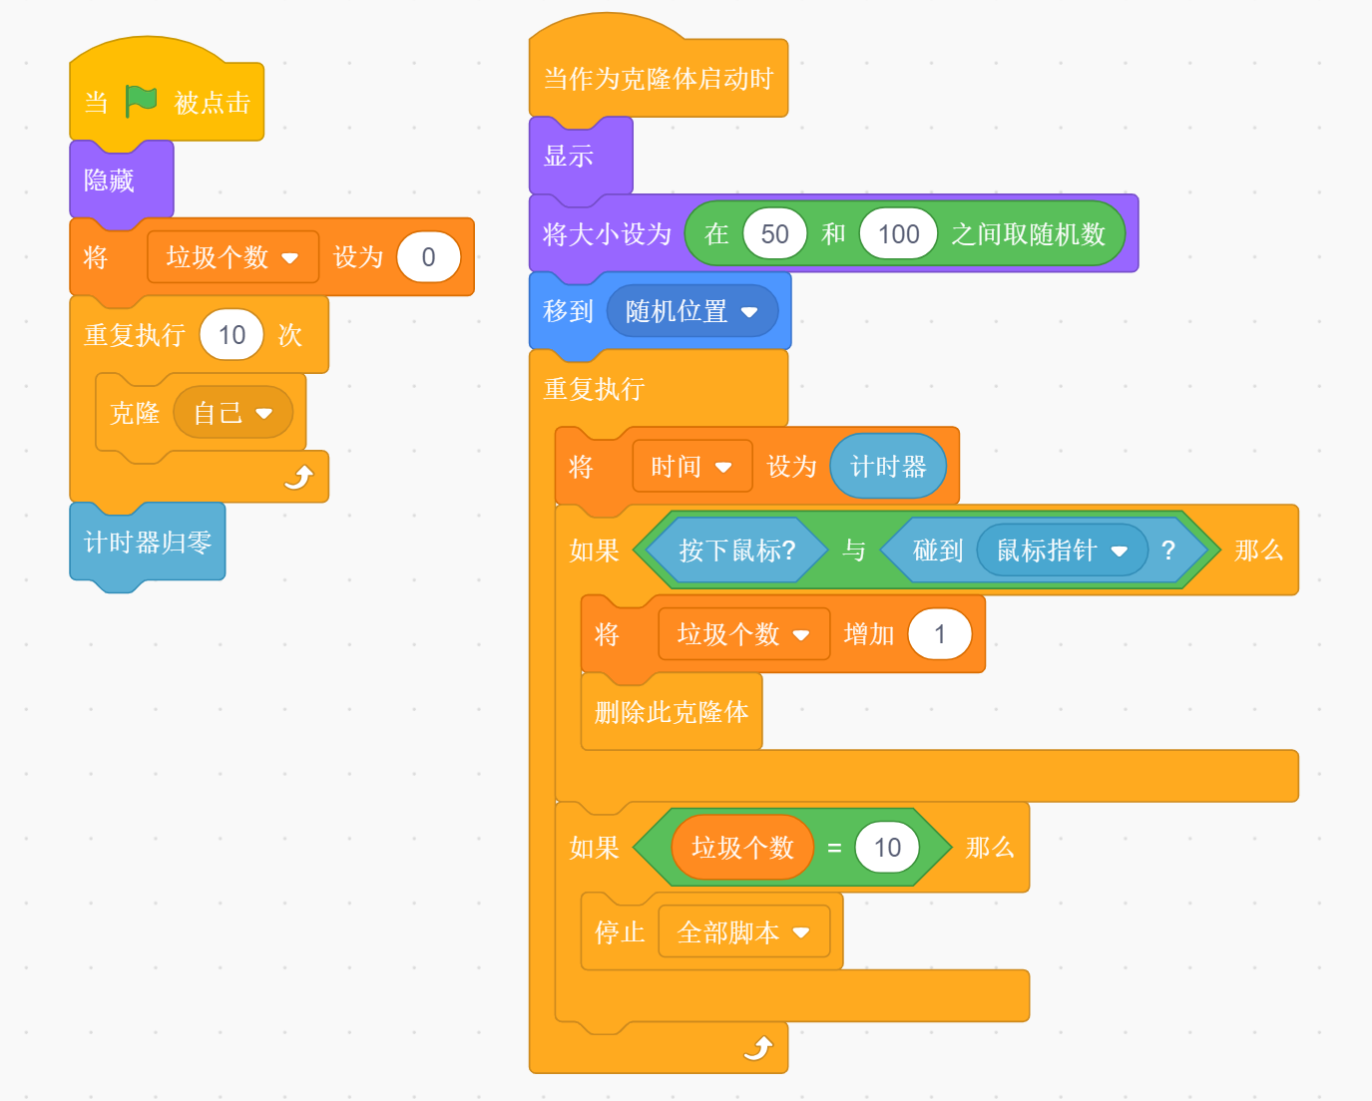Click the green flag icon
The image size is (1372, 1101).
[141, 101]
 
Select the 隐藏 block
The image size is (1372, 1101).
[110, 181]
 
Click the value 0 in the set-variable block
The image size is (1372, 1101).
[428, 257]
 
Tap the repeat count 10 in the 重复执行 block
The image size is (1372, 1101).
[231, 335]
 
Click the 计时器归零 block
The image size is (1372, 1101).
[148, 543]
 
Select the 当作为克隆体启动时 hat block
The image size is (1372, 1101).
[658, 80]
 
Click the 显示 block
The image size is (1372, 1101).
[569, 157]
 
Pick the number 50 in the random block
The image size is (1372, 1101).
[774, 234]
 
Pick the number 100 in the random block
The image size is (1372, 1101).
[898, 234]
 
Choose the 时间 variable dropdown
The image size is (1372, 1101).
[691, 467]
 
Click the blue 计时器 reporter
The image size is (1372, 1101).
[888, 467]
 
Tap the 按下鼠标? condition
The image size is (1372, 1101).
[736, 550]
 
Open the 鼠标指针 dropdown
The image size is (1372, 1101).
[1062, 550]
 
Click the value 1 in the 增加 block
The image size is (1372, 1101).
[939, 634]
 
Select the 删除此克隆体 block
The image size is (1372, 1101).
[672, 712]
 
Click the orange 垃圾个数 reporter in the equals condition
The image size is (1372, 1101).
[742, 848]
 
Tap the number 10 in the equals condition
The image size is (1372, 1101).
[887, 848]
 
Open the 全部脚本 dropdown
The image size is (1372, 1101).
[743, 932]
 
